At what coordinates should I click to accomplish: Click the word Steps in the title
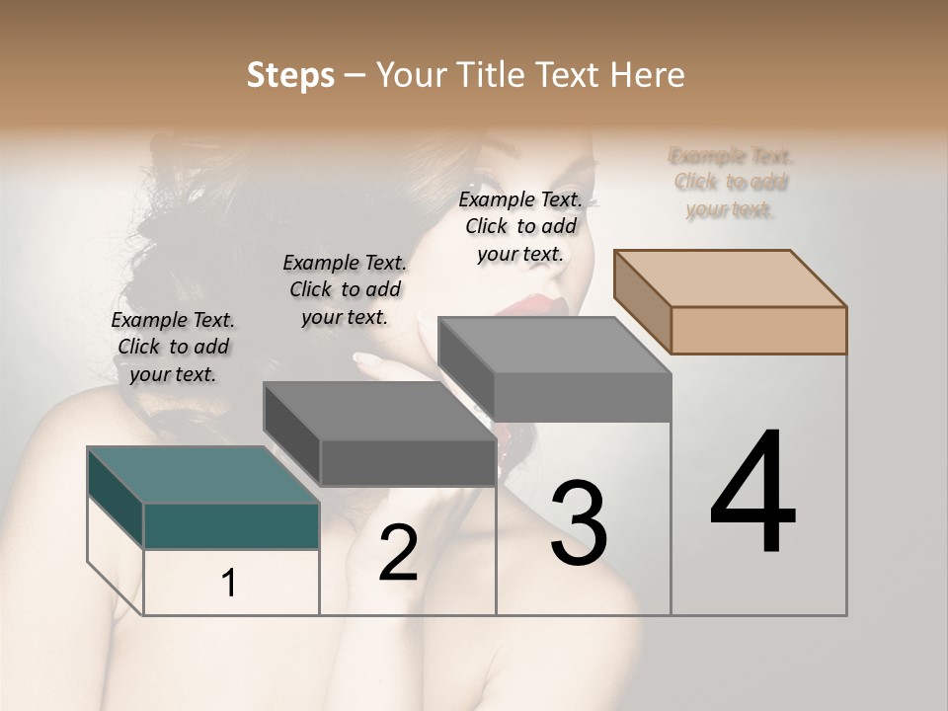[x=290, y=75]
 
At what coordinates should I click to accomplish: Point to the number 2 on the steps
[x=398, y=554]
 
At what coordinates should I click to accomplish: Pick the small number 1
[x=229, y=584]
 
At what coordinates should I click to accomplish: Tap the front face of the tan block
[x=758, y=330]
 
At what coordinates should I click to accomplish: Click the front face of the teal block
[x=231, y=525]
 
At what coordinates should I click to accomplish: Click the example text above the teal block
[x=173, y=347]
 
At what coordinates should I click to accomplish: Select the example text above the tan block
[x=731, y=183]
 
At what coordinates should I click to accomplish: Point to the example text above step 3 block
[x=520, y=226]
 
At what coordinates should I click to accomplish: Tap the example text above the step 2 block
[x=345, y=289]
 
